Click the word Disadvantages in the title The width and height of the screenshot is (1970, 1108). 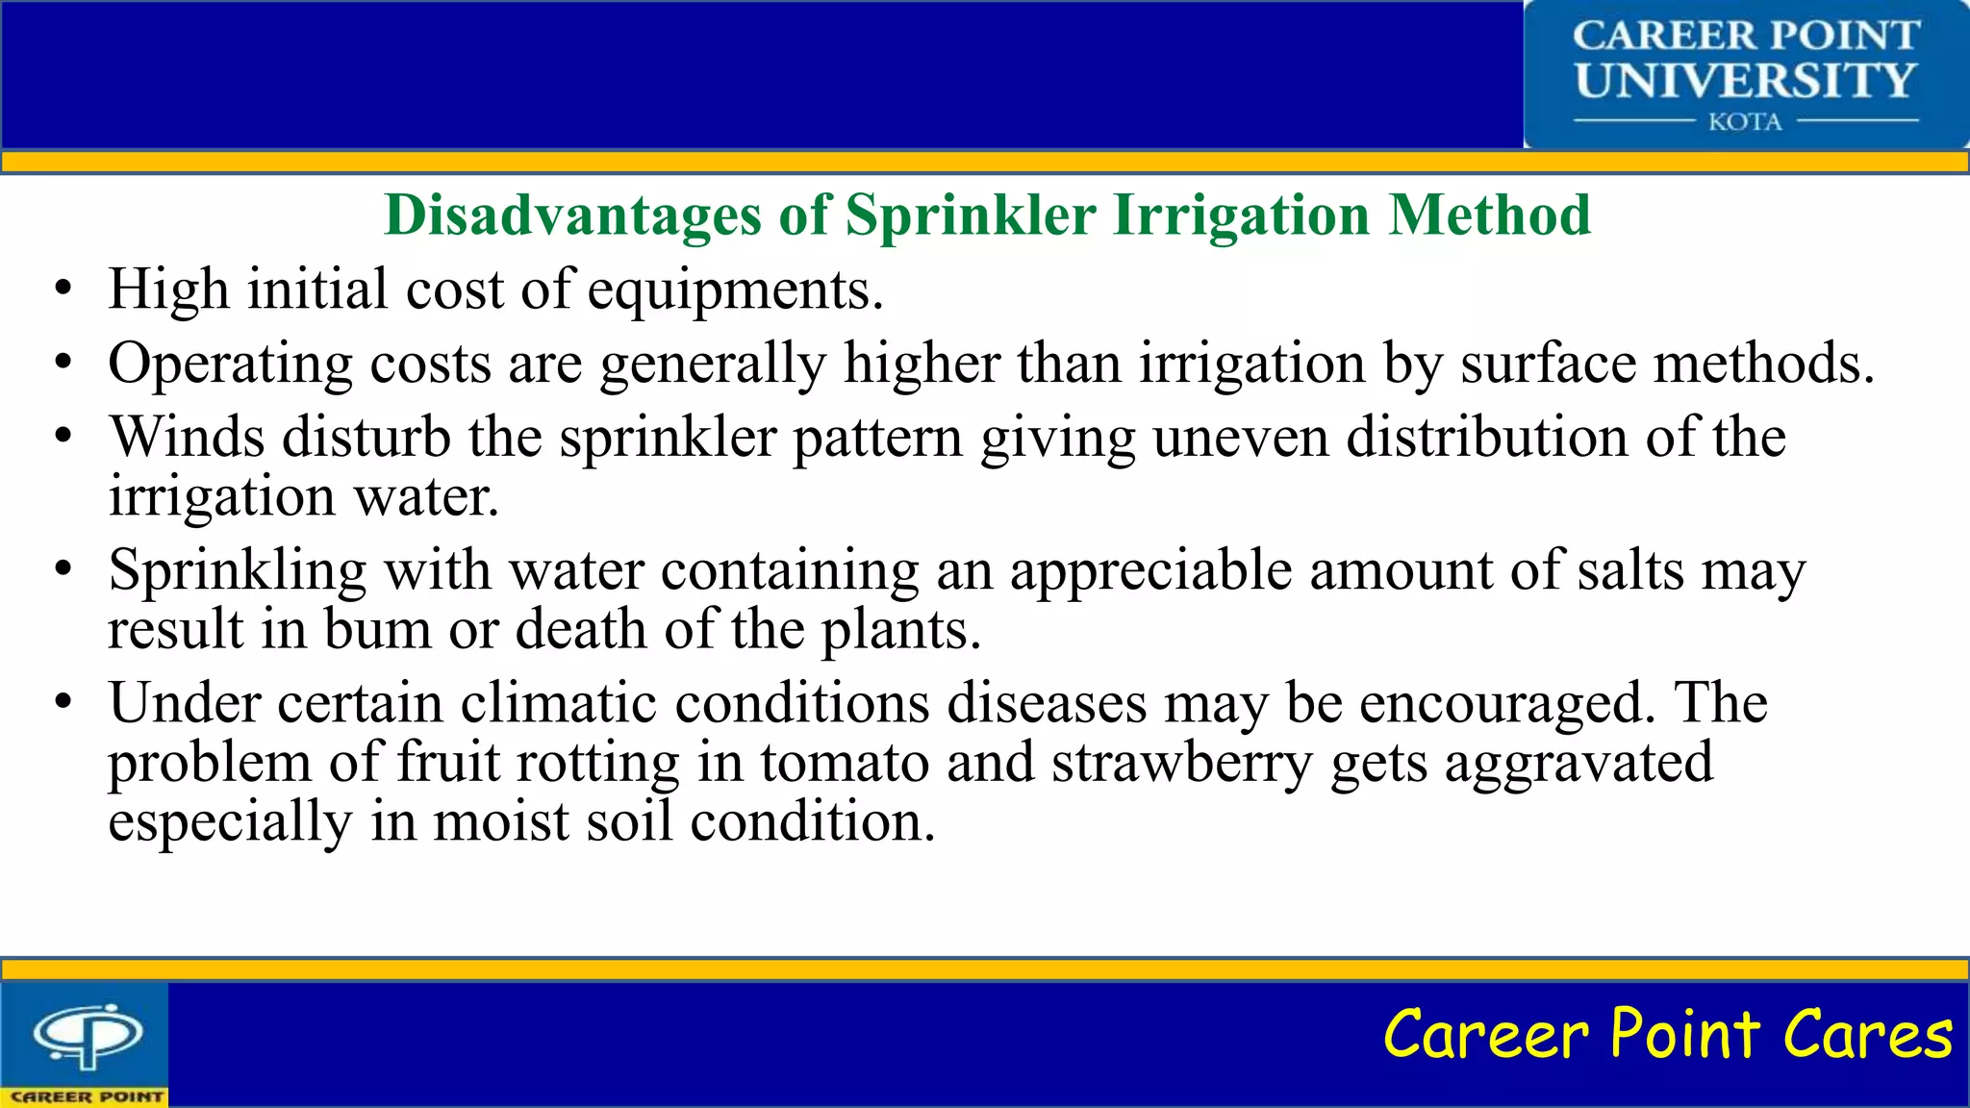(572, 214)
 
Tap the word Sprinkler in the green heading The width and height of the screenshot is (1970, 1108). (970, 214)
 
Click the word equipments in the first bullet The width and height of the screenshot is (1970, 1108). (734, 290)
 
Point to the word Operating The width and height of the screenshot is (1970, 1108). (231, 364)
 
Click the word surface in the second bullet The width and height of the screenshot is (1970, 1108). (1547, 364)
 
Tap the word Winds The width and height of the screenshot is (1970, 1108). (187, 437)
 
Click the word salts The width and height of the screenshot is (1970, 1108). (1630, 569)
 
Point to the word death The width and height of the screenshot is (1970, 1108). (581, 629)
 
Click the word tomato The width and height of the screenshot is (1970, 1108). (845, 762)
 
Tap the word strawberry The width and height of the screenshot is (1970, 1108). (1181, 764)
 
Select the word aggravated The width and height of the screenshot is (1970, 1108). (1579, 764)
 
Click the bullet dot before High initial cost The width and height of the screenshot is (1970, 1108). (63, 290)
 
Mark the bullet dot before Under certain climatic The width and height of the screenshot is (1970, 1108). (63, 703)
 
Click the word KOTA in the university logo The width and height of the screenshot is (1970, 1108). (1745, 122)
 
